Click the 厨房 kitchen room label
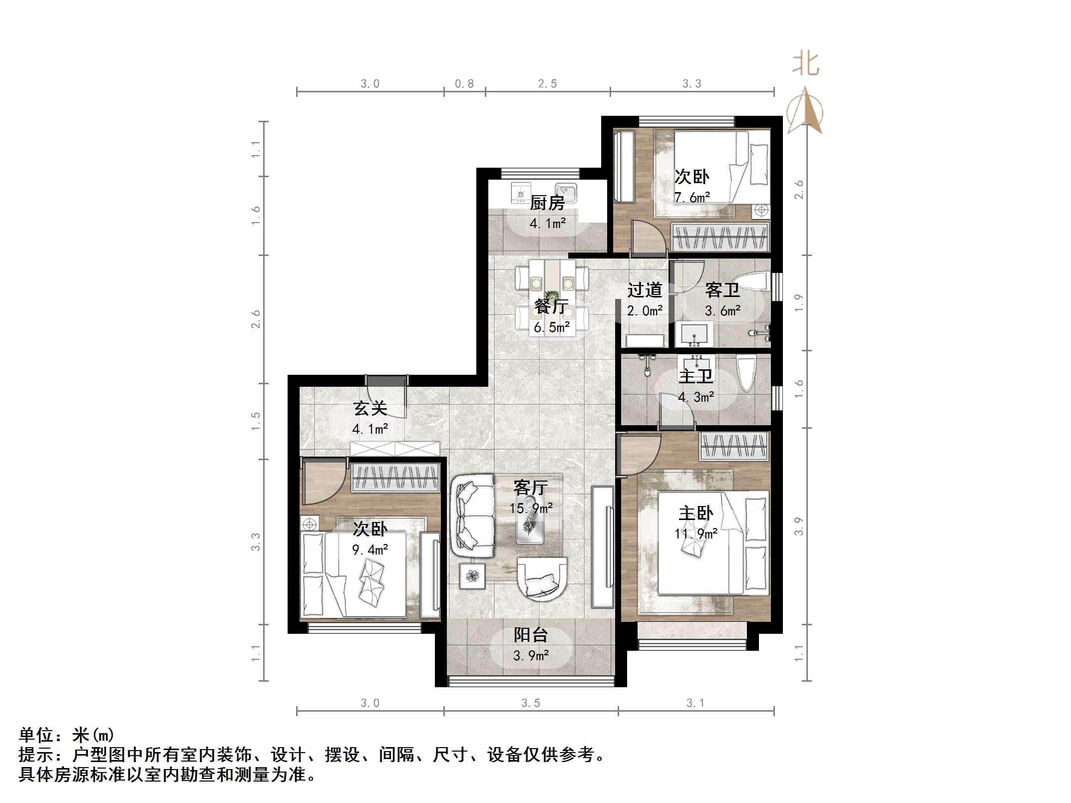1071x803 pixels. point(547,203)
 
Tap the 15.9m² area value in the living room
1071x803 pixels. point(531,508)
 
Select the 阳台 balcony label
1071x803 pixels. point(531,635)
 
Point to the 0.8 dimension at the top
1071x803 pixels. point(464,84)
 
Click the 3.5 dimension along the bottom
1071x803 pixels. point(531,703)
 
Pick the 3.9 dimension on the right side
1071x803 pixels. point(799,526)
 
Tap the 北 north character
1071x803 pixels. point(805,64)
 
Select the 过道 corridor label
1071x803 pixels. point(645,290)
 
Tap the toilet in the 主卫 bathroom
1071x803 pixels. point(747,372)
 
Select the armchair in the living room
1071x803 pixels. point(542,578)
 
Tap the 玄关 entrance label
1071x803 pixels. point(370,408)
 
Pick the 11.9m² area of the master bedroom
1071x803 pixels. point(696,534)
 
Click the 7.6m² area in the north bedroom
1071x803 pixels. point(692,198)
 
